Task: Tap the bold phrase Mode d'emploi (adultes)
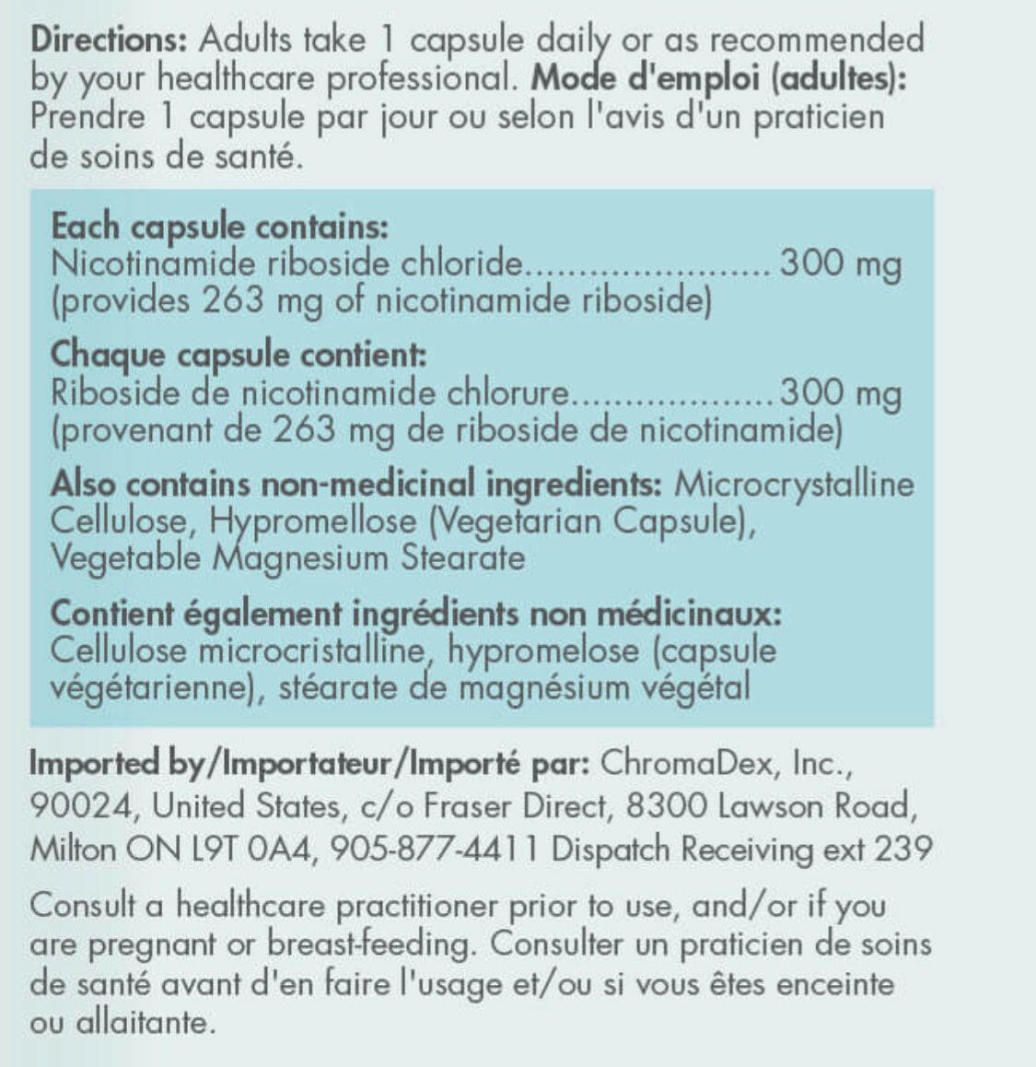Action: click(x=718, y=77)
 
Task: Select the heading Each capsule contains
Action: click(x=219, y=227)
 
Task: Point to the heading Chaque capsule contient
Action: click(x=239, y=355)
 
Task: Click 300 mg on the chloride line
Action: click(x=840, y=264)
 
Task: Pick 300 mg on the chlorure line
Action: click(x=840, y=393)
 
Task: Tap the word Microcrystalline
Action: click(x=794, y=485)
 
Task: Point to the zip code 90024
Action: click(x=82, y=806)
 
